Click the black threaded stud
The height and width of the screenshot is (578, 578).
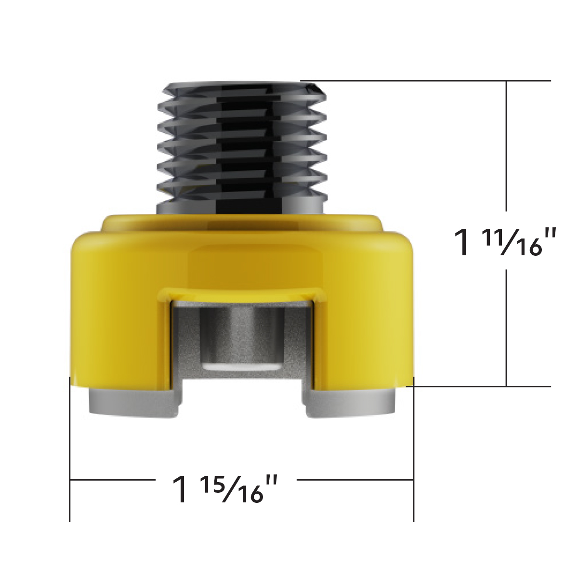pyautogui.click(x=241, y=144)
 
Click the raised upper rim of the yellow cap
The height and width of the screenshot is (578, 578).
pyautogui.click(x=241, y=223)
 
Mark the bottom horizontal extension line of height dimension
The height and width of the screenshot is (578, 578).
pyautogui.click(x=482, y=386)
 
